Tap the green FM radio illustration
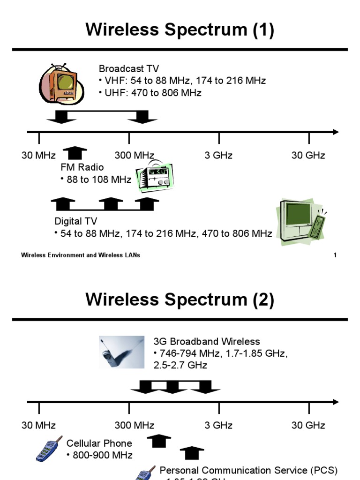(x=154, y=178)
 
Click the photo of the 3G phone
(x=121, y=352)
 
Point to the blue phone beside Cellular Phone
(x=49, y=449)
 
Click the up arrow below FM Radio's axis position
(x=75, y=153)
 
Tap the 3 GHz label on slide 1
(x=218, y=156)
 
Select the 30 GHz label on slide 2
(x=308, y=426)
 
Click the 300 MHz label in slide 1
(x=134, y=156)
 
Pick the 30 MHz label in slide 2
(x=38, y=426)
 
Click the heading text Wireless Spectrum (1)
(x=180, y=30)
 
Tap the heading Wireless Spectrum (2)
(x=180, y=300)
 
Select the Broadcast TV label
(x=129, y=69)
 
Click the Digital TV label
(x=75, y=221)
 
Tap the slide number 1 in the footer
(x=335, y=255)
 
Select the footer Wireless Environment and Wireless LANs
(x=81, y=255)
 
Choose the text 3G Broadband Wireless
(x=207, y=341)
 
